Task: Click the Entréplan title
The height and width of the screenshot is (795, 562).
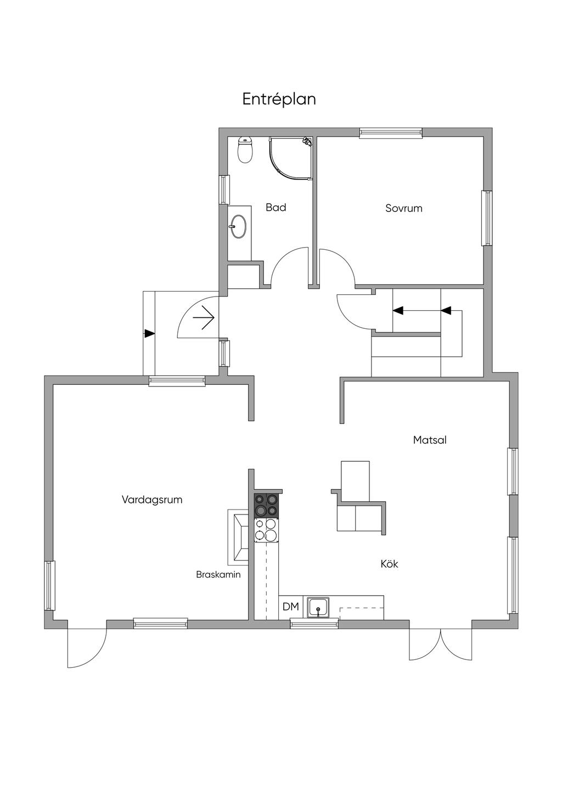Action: pyautogui.click(x=279, y=100)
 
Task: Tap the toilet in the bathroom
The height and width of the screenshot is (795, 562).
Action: pyautogui.click(x=245, y=149)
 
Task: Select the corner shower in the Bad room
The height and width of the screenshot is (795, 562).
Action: pyautogui.click(x=290, y=159)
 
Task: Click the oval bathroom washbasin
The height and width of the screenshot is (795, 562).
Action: pyautogui.click(x=238, y=226)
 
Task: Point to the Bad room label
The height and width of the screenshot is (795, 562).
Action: pyautogui.click(x=276, y=208)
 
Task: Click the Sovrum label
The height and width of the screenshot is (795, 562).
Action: pyautogui.click(x=404, y=208)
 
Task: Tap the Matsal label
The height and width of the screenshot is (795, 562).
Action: pyautogui.click(x=430, y=440)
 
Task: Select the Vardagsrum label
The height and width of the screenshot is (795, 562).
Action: pyautogui.click(x=152, y=500)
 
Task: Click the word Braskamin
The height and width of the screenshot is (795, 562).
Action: pyautogui.click(x=218, y=575)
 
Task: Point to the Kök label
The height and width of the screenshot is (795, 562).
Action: pyautogui.click(x=389, y=564)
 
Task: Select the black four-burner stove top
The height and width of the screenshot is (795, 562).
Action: pyautogui.click(x=266, y=505)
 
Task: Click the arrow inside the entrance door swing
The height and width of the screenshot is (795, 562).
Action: pyautogui.click(x=204, y=317)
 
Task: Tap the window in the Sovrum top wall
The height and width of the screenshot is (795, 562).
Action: pyautogui.click(x=391, y=133)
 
